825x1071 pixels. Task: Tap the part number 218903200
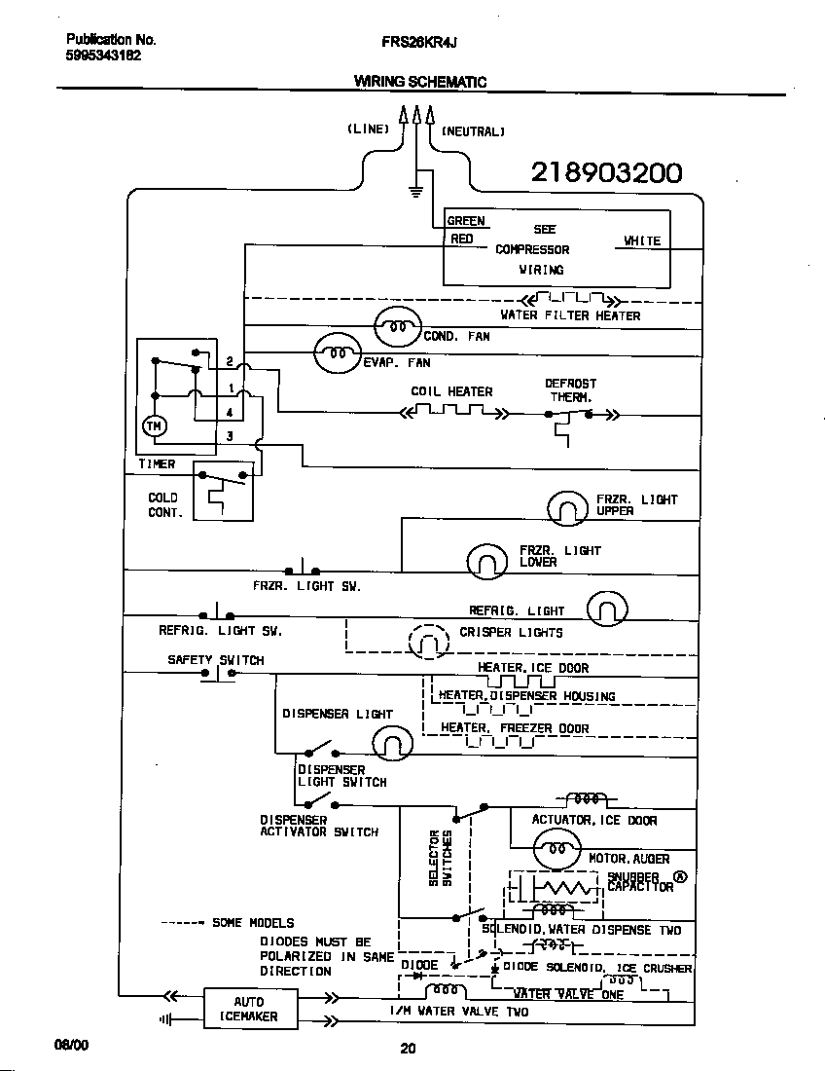click(606, 173)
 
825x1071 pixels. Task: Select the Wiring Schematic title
click(419, 82)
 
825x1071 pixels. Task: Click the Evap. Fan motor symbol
click(337, 353)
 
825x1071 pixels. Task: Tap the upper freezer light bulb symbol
click(568, 506)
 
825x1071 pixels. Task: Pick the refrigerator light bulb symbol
click(607, 610)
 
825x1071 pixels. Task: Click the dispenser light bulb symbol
click(392, 745)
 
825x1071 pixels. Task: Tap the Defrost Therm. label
click(570, 390)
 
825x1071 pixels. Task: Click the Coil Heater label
click(451, 391)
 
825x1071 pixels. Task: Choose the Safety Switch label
click(215, 660)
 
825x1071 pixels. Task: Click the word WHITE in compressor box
click(642, 240)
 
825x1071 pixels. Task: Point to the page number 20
click(408, 1049)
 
